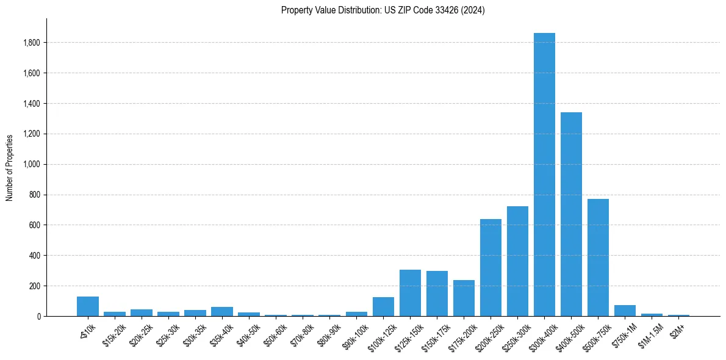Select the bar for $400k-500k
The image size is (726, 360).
click(x=571, y=214)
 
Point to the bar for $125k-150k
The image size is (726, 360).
click(x=410, y=293)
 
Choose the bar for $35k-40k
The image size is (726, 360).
click(x=222, y=311)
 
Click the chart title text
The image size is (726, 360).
click(x=383, y=10)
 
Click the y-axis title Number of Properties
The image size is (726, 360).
click(x=10, y=168)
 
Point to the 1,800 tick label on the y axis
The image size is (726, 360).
click(x=32, y=43)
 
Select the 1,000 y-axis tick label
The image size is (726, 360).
click(x=32, y=164)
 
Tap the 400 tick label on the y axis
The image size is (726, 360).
click(x=35, y=255)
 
